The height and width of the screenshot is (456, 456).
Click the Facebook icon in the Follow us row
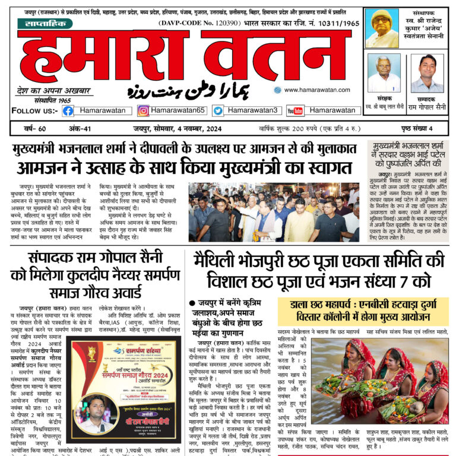tap(68, 110)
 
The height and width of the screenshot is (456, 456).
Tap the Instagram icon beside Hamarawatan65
tap(143, 110)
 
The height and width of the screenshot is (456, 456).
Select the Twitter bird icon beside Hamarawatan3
tap(218, 110)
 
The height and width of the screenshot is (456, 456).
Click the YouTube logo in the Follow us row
tap(294, 110)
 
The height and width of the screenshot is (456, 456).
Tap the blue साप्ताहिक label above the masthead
tap(45, 24)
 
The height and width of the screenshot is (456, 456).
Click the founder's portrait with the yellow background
tap(382, 29)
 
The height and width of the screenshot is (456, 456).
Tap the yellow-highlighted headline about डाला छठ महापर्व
tap(363, 309)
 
